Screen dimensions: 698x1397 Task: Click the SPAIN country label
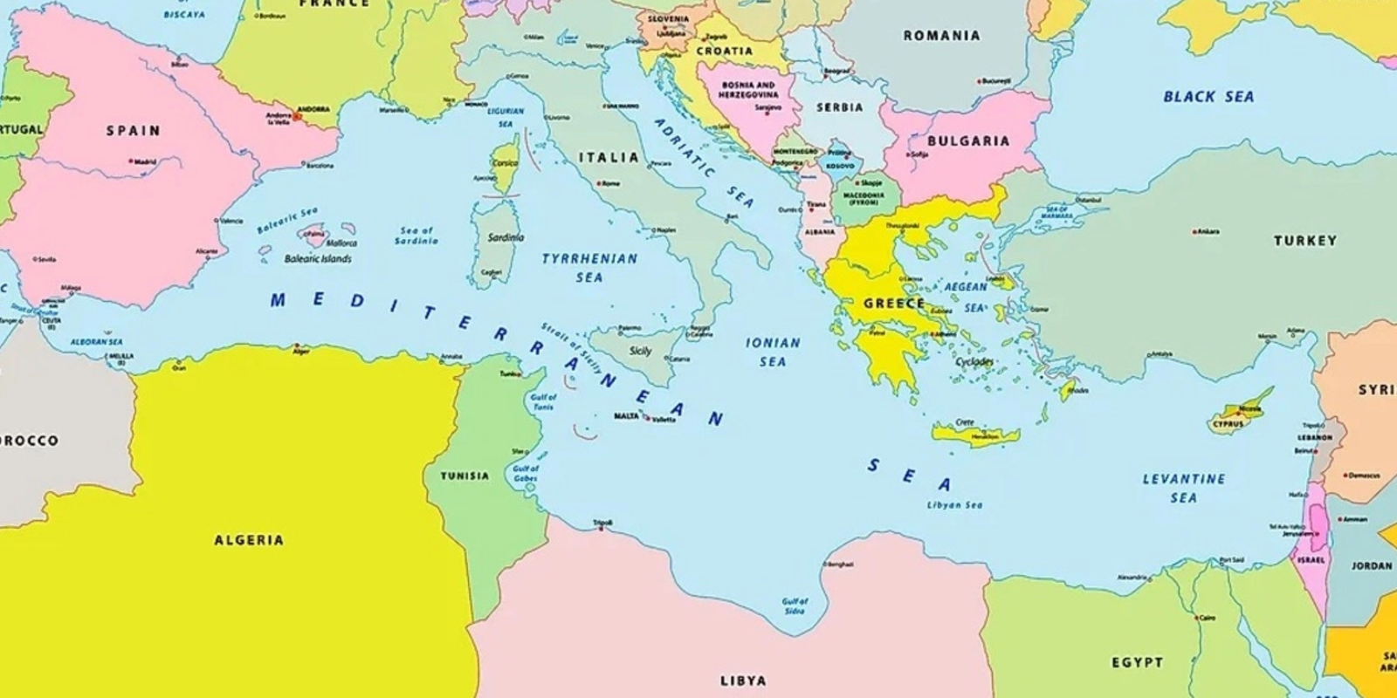(134, 131)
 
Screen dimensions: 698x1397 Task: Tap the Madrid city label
(144, 161)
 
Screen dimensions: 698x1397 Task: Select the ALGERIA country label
(249, 540)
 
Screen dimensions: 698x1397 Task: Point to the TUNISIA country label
(465, 476)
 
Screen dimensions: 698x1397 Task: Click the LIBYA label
(743, 680)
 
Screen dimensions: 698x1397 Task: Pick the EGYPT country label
(1137, 662)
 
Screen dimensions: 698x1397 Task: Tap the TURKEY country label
(1304, 240)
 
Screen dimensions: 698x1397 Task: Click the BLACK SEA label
(1208, 97)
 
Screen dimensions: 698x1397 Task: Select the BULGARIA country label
(967, 140)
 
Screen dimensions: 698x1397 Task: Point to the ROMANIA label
(941, 36)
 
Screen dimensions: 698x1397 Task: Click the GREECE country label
(893, 304)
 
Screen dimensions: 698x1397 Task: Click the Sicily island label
(640, 351)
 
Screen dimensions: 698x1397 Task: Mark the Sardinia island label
(506, 237)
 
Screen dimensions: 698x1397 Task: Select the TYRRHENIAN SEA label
(589, 268)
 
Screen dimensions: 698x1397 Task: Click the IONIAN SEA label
(772, 352)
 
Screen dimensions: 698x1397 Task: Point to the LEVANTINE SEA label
(1184, 488)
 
